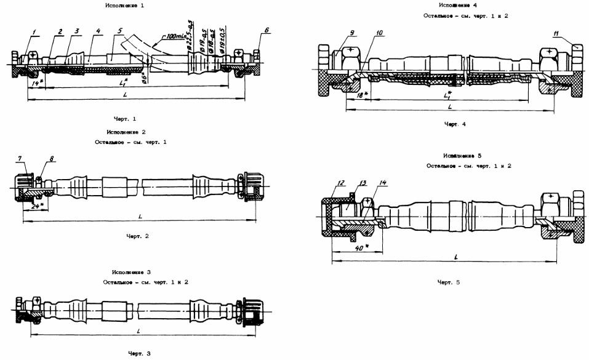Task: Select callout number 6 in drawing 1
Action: pos(267,30)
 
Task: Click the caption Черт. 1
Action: pos(126,117)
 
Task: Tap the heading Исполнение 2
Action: pos(126,132)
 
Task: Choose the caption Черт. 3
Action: pos(139,353)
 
